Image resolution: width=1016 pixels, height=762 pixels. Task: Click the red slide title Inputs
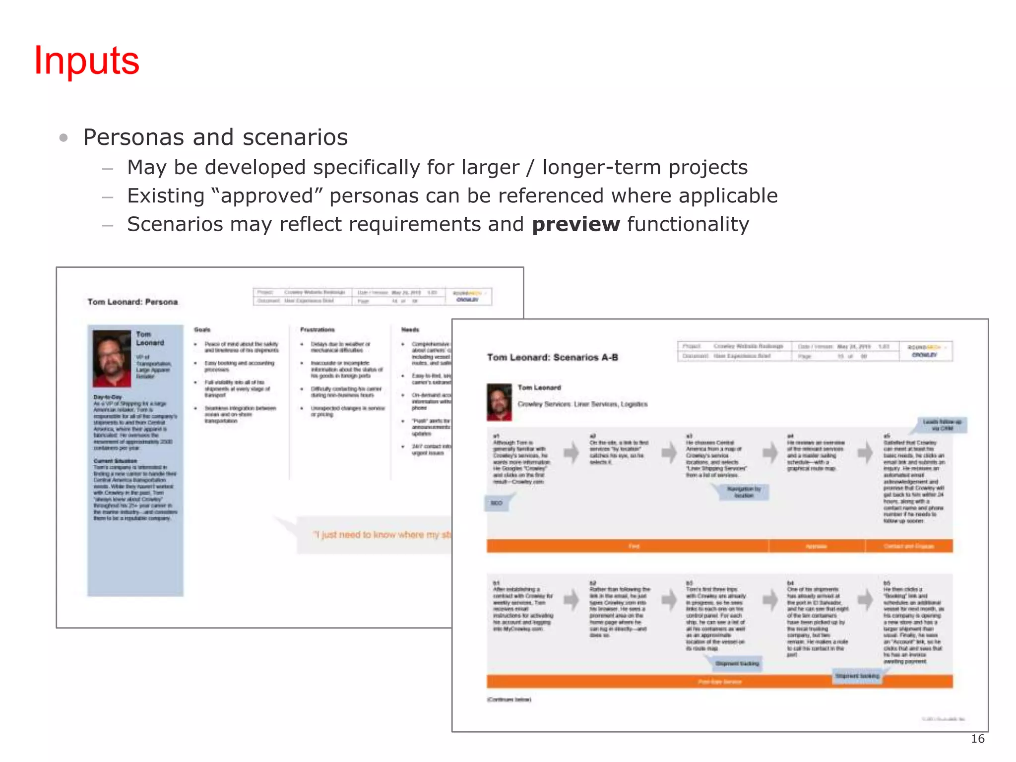pos(87,61)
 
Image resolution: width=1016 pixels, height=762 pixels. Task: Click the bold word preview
pos(575,224)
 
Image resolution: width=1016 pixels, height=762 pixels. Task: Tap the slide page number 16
pos(977,739)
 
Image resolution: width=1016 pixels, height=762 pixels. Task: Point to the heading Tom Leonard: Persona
pos(132,302)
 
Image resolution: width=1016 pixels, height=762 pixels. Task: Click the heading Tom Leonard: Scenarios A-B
pos(552,357)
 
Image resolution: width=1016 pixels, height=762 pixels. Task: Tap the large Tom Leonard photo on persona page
pos(112,358)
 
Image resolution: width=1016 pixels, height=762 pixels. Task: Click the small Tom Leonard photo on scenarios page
pos(499,402)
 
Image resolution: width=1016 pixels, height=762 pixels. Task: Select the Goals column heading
pos(202,329)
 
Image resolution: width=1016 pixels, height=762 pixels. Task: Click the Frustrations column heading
pos(317,329)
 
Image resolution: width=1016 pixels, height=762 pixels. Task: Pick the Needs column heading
pos(410,329)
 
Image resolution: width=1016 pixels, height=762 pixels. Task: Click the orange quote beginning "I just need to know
pos(382,534)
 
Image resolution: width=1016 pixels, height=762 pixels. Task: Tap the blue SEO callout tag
pos(496,503)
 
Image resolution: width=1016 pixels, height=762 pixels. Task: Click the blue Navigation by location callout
pos(744,492)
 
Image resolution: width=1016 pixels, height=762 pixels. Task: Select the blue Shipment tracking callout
pos(737,663)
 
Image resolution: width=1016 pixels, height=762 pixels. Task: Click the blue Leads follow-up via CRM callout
pos(942,425)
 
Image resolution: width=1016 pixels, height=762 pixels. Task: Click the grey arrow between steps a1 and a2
pos(571,452)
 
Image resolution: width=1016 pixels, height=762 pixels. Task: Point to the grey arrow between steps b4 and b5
pos(866,599)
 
